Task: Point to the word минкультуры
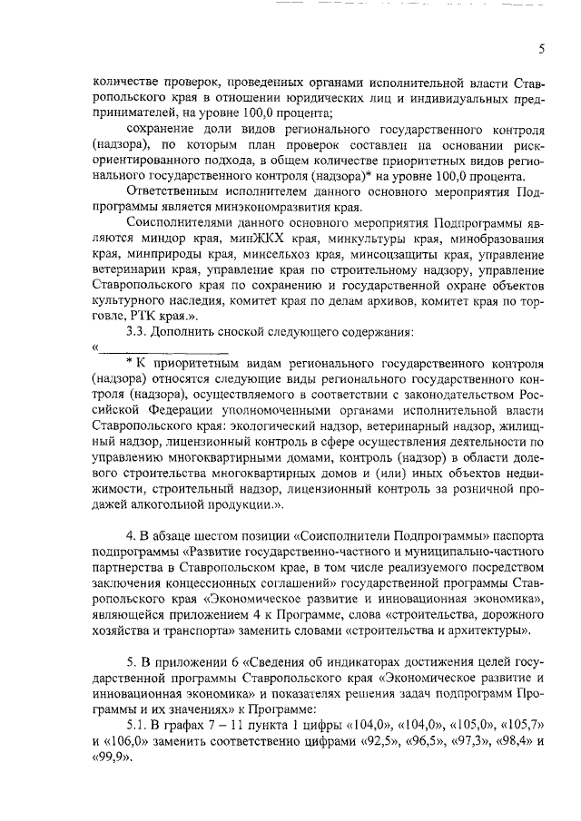click(x=333, y=239)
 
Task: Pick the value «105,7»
click(x=522, y=722)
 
